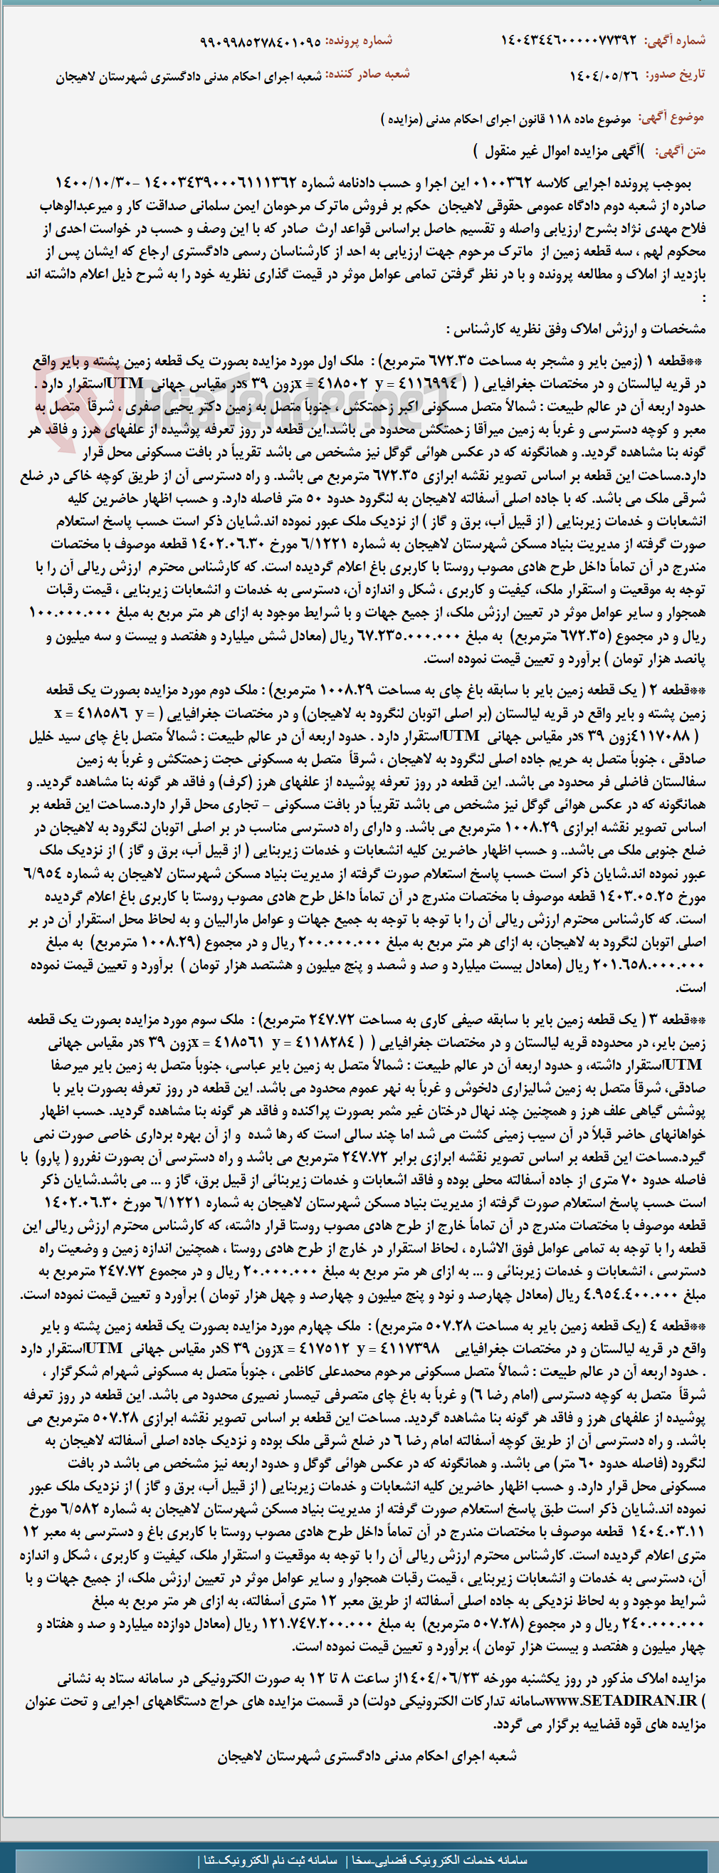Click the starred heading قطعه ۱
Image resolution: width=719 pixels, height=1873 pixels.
coord(680,360)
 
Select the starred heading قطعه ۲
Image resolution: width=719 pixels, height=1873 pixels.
coord(680,689)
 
